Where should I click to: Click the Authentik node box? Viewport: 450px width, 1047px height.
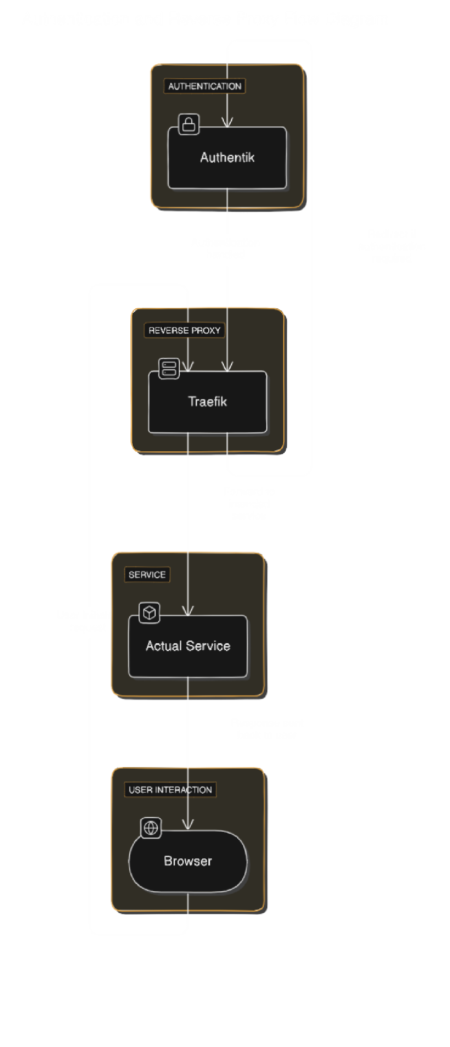[227, 158]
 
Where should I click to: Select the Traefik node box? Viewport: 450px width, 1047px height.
[207, 402]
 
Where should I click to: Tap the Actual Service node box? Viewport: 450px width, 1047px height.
[188, 646]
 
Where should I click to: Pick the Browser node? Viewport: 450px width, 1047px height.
[188, 861]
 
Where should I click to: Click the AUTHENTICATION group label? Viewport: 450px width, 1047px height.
[205, 86]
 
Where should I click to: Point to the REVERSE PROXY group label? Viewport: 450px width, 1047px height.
[185, 330]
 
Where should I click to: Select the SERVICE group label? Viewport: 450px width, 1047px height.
[147, 575]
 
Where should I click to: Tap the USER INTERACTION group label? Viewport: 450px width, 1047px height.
[170, 790]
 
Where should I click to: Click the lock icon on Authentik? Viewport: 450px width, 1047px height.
[189, 124]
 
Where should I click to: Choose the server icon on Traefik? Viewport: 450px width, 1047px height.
[169, 368]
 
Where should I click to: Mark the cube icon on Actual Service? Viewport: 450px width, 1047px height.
[149, 612]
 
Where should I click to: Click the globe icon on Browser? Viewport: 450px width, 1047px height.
[151, 828]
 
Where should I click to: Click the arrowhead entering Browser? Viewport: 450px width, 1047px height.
[188, 824]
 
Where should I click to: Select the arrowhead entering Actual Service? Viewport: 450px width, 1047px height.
[188, 610]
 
